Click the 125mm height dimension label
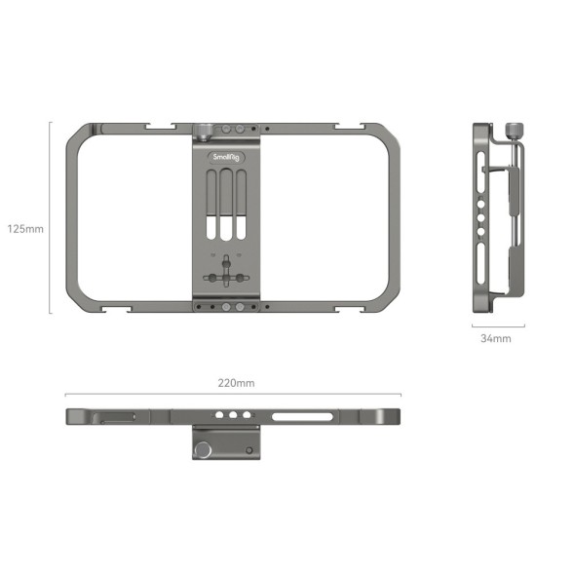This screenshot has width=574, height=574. [x=25, y=229]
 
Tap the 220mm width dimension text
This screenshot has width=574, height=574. [x=235, y=383]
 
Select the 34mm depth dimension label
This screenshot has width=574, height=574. [x=495, y=338]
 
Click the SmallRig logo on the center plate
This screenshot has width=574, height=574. [x=226, y=155]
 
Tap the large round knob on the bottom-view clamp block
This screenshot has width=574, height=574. [x=205, y=449]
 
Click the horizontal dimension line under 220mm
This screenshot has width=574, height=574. [x=235, y=395]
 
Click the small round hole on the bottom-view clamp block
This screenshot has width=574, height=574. [x=250, y=450]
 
